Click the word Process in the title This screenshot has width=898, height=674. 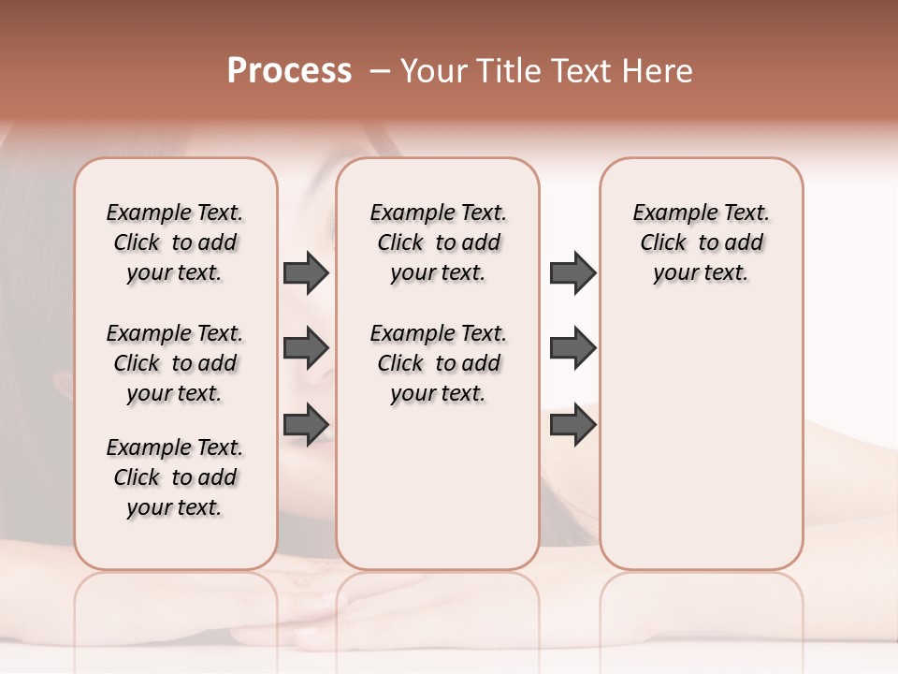click(289, 71)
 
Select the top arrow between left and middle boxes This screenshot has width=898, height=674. click(306, 272)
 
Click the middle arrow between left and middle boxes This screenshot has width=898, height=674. click(306, 348)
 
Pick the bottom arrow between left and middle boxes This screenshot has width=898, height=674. click(306, 424)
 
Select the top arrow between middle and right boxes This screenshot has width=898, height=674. click(572, 272)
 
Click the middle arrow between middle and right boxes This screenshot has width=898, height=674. click(572, 348)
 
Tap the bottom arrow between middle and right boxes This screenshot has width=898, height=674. click(572, 424)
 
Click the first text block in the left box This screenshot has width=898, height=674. click(175, 242)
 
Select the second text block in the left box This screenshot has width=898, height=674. click(175, 363)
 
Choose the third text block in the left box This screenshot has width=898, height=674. click(175, 477)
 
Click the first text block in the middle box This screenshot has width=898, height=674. click(438, 242)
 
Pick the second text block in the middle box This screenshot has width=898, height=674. click(438, 363)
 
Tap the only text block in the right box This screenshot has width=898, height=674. click(701, 242)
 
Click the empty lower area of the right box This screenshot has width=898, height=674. click(701, 449)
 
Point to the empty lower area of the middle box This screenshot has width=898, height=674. click(438, 487)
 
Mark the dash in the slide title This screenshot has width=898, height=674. click(380, 71)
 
